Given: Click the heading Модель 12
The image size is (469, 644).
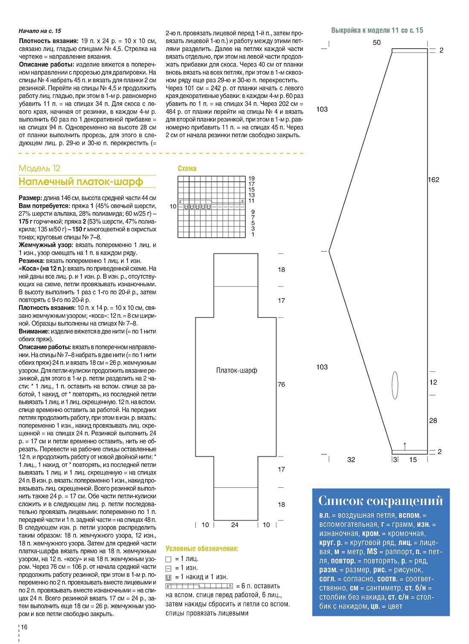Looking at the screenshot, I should [40, 168].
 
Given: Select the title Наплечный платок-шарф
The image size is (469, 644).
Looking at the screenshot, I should [81, 182].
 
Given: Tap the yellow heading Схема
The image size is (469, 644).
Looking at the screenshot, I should [187, 169].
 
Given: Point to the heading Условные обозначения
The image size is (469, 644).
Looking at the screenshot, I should [202, 549].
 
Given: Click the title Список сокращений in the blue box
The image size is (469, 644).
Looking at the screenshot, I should [380, 501].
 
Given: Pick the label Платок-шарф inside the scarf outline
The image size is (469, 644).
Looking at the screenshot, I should [237, 371].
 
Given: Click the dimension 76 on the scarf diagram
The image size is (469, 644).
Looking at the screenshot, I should [281, 384].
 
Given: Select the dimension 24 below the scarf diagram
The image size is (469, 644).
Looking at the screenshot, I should [235, 525].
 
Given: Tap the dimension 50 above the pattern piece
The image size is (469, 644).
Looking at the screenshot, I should [377, 43].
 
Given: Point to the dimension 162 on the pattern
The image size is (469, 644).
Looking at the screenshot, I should [433, 180].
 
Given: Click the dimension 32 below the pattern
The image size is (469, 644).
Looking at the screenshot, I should [351, 460].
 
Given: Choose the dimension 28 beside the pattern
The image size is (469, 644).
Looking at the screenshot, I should [433, 421].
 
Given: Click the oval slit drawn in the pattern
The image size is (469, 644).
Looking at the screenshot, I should [395, 385].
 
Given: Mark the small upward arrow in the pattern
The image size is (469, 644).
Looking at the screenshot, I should [405, 446].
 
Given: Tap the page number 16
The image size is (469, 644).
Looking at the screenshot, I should [24, 627].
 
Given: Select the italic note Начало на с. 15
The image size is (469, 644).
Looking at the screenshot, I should [40, 31].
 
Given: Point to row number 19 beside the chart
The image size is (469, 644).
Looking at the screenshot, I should [252, 178].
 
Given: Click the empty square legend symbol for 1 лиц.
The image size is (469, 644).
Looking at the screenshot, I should [168, 559].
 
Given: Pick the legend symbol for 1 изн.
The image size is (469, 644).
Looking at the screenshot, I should [168, 569].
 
